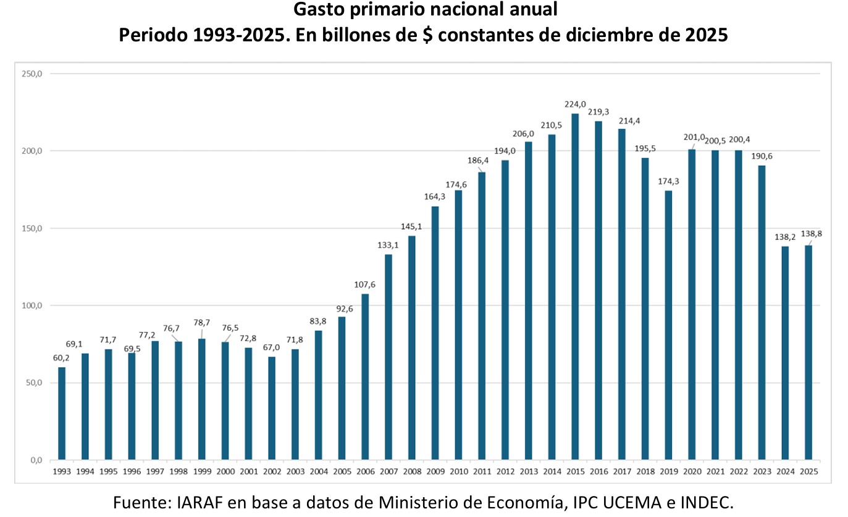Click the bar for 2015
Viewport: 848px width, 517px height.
(575, 286)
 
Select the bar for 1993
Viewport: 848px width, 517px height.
(62, 413)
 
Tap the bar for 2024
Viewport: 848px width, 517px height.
(785, 353)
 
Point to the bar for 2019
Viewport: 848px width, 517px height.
(668, 325)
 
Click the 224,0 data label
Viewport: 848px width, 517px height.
(575, 104)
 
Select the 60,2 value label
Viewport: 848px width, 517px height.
(61, 358)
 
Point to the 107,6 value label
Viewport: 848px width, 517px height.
(365, 284)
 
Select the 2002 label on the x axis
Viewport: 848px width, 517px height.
(272, 472)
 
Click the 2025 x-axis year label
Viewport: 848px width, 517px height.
(808, 472)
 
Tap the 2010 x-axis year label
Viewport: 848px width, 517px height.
(458, 472)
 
